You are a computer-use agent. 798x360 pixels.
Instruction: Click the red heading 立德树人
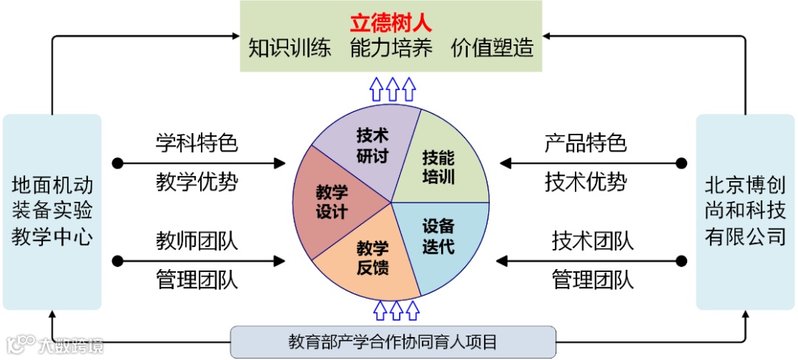coord(391,19)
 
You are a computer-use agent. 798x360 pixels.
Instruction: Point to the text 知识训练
coord(289,48)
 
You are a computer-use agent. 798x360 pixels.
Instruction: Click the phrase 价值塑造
coord(492,48)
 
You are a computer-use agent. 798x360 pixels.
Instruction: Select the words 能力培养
coord(391,48)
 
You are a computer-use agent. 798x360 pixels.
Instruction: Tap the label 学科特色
coord(197,143)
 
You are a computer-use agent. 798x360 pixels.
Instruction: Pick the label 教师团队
coord(197,241)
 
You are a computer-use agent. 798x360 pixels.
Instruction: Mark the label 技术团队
coord(593,241)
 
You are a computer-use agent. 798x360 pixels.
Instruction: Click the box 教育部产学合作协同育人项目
coord(392,342)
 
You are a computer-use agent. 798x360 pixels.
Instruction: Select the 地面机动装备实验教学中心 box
coord(52,211)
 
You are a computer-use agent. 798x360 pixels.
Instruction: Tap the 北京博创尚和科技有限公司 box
coord(745,211)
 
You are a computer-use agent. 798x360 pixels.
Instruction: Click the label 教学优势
coord(197,182)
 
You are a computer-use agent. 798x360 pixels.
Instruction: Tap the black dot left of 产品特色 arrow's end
coord(681,163)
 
